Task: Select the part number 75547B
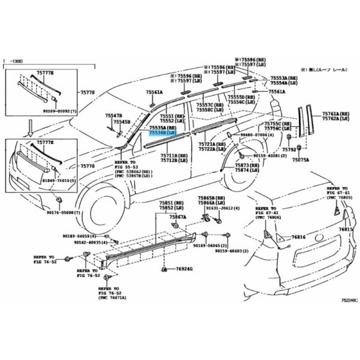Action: [x=113, y=115]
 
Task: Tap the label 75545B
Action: [x=122, y=121]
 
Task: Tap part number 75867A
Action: [x=178, y=217]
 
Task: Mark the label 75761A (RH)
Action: [x=336, y=114]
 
